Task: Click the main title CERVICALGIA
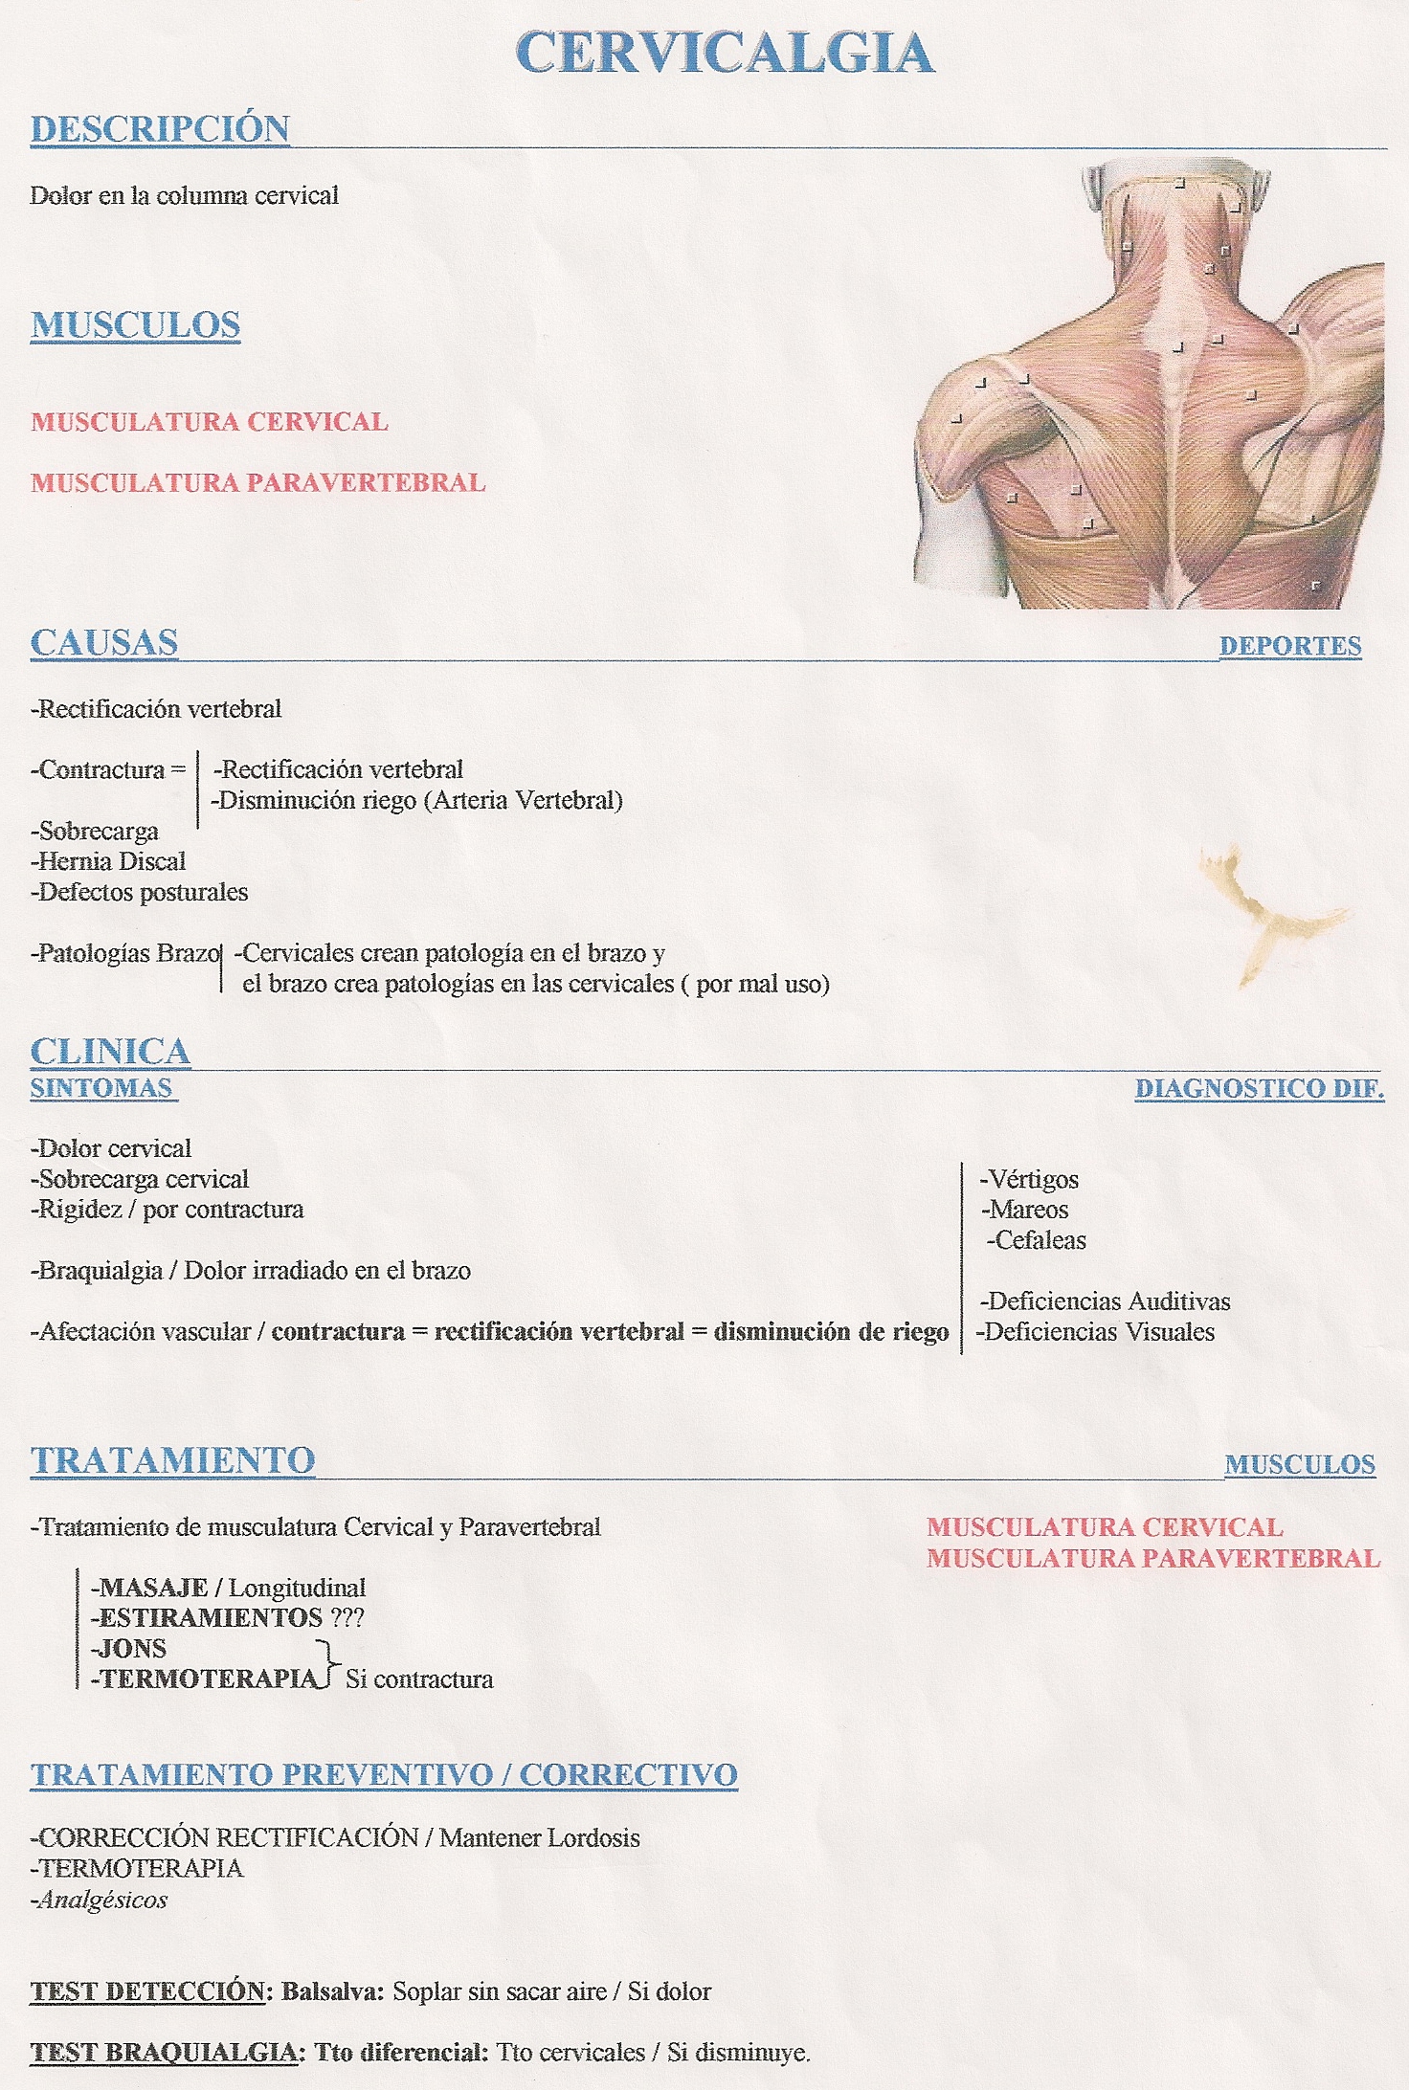[x=725, y=54]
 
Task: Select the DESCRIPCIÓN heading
[x=160, y=129]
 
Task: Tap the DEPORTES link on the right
[x=1289, y=646]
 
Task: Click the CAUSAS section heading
[x=104, y=643]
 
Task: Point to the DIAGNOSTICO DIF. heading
[x=1259, y=1088]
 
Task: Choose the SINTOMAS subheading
[x=101, y=1088]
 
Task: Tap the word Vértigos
[x=1033, y=1179]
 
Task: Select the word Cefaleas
[x=1040, y=1240]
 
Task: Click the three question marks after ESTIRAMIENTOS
[x=347, y=1618]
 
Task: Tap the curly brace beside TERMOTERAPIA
[x=330, y=1665]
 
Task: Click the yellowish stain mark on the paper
[x=1264, y=914]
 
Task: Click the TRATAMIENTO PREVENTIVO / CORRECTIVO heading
[x=384, y=1774]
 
